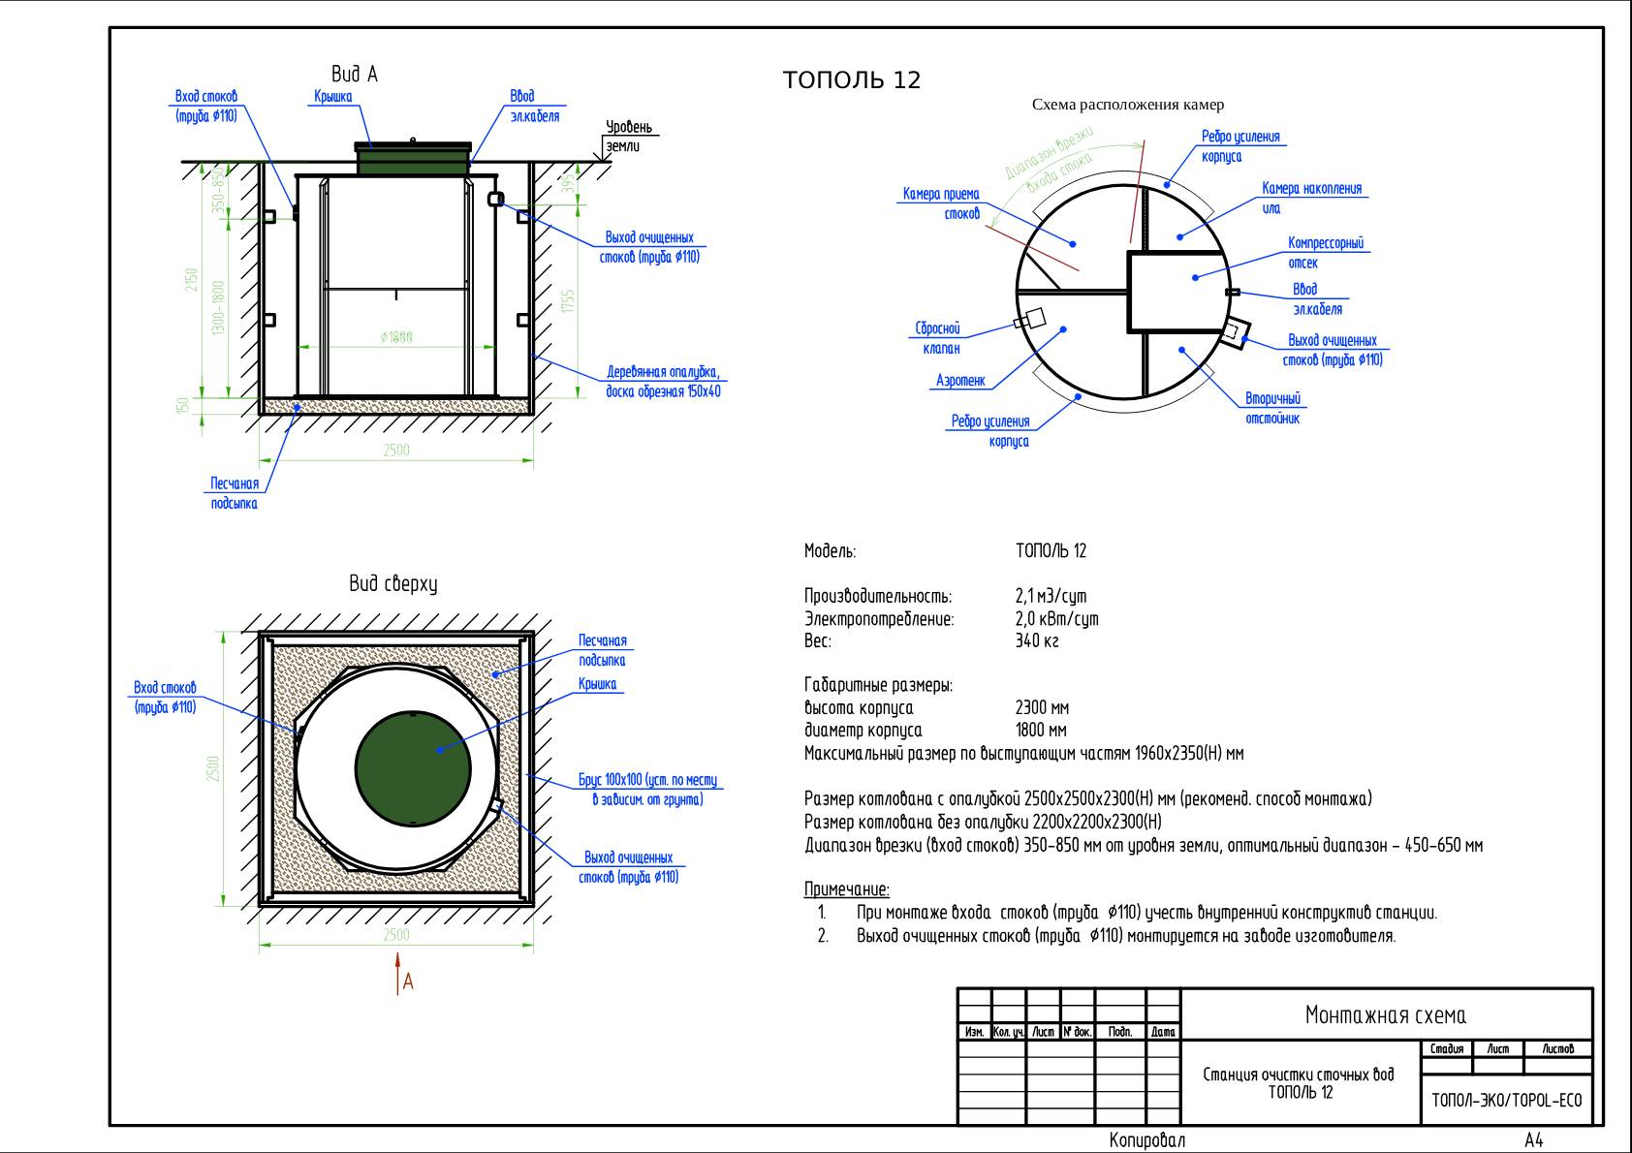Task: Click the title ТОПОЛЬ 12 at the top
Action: point(851,80)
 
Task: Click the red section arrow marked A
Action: point(397,973)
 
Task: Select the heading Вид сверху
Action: point(392,584)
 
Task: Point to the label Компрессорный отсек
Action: point(1325,253)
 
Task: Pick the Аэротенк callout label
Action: point(960,381)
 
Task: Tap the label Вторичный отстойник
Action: point(1272,409)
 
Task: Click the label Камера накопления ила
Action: point(1310,198)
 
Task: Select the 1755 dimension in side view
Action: point(569,300)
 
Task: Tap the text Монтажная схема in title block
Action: point(1385,1015)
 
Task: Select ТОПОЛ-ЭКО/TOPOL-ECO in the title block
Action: point(1505,1101)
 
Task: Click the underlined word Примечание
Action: point(846,889)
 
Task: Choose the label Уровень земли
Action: point(629,137)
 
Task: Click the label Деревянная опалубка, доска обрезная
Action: point(663,382)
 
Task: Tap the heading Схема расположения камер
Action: point(1127,105)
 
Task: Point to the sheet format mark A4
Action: point(1533,1140)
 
